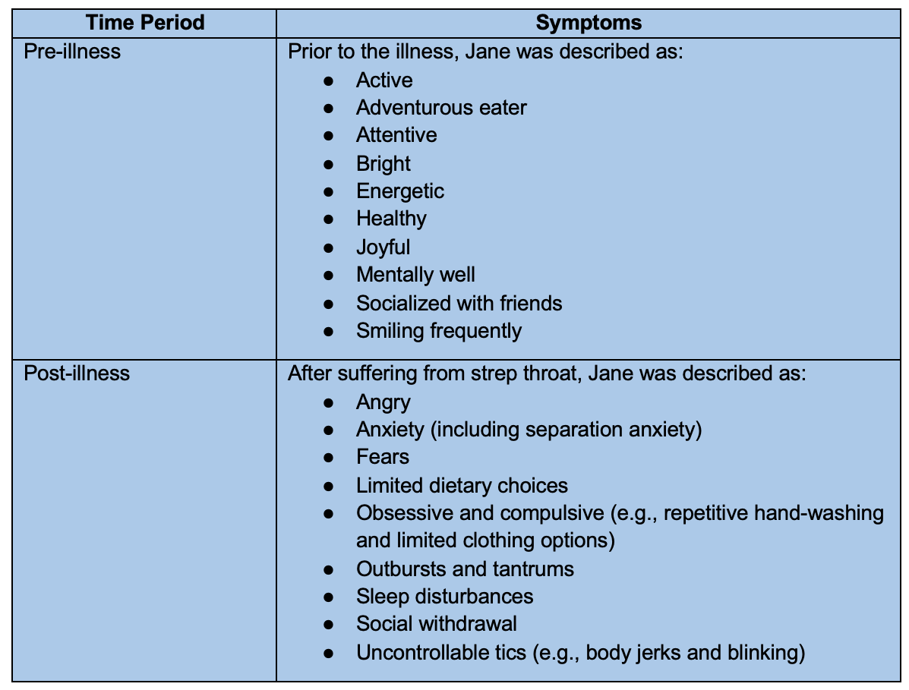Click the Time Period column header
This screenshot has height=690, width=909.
(x=145, y=22)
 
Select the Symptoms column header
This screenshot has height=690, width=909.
(x=589, y=22)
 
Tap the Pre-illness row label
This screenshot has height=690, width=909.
(x=72, y=52)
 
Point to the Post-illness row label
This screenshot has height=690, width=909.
(x=77, y=373)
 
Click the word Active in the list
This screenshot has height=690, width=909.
(x=384, y=80)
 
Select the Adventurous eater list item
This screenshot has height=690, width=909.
(x=441, y=108)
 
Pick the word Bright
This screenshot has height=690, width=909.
(x=383, y=163)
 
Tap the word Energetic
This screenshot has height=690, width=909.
(x=400, y=191)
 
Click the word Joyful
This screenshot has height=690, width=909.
(x=383, y=247)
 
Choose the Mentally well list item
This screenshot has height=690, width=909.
(x=415, y=274)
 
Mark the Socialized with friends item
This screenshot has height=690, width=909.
(x=459, y=303)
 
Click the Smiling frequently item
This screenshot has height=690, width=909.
(x=439, y=330)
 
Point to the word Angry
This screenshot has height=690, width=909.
(x=383, y=402)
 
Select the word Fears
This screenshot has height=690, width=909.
(x=383, y=457)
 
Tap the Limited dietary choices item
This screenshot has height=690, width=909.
(x=462, y=485)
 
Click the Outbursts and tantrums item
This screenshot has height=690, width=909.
(x=465, y=569)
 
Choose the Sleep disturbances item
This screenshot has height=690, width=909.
(x=444, y=597)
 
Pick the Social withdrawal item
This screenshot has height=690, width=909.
(x=437, y=624)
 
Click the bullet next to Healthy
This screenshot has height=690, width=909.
(x=329, y=219)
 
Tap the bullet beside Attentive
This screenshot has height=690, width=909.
(x=329, y=135)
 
